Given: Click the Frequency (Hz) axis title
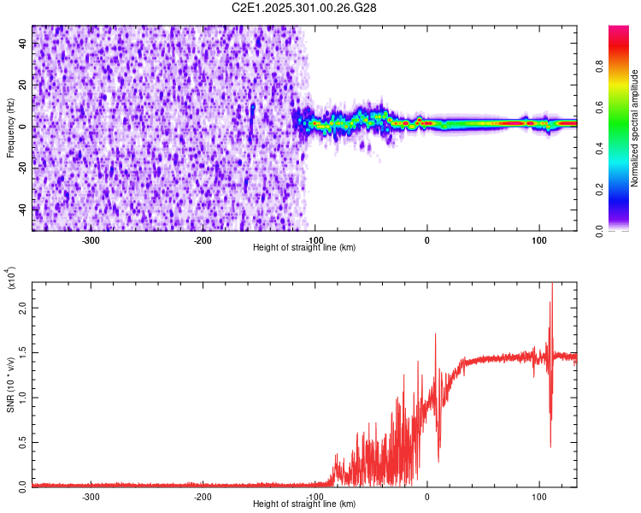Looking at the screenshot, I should [10, 128].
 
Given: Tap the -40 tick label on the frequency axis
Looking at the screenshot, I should [24, 209].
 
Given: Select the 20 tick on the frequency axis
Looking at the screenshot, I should [24, 85].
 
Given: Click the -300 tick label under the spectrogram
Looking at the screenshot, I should [91, 240].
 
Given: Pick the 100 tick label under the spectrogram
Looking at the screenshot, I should [538, 240].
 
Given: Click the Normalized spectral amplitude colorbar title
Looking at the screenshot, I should [635, 128].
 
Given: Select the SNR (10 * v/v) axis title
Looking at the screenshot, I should [10, 385].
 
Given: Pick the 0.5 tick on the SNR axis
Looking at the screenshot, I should [24, 441].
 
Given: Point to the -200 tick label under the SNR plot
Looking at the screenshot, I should [203, 496].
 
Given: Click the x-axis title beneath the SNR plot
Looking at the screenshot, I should [305, 504].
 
